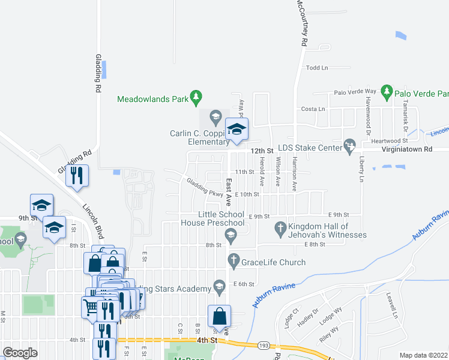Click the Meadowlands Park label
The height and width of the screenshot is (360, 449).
pos(152,99)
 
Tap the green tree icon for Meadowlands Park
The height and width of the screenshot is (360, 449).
pos(195,97)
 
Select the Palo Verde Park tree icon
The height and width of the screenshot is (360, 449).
pos(387,92)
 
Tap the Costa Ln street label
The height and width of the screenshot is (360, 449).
pos(313,109)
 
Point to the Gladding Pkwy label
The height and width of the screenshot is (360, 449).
pos(205,188)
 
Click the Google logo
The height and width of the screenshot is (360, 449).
pos(20,353)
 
